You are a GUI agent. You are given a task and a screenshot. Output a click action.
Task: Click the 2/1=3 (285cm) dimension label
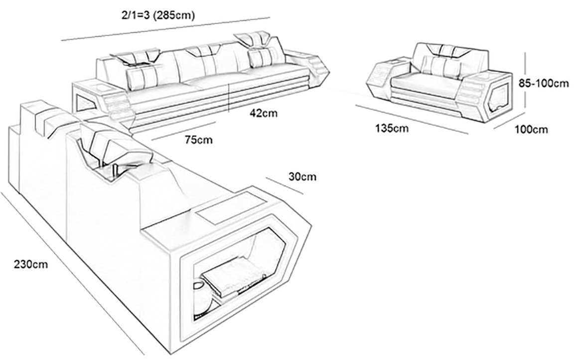tap(158, 15)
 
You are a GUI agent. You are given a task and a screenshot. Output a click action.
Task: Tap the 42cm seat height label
tap(264, 113)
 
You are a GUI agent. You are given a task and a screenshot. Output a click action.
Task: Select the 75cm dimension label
tap(199, 140)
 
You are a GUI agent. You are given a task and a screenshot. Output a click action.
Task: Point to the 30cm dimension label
tap(302, 177)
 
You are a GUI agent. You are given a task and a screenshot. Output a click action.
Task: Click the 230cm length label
tap(31, 264)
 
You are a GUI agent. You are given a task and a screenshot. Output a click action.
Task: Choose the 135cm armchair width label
tap(392, 128)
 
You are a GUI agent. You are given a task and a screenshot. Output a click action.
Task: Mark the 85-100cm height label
tap(544, 83)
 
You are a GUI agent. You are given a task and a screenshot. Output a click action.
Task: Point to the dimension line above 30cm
tap(285, 185)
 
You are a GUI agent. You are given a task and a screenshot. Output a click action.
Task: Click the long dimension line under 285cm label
tap(166, 28)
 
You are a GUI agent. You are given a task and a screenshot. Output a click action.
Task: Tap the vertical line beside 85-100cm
tap(525, 83)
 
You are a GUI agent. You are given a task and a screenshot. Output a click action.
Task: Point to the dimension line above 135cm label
tap(412, 119)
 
